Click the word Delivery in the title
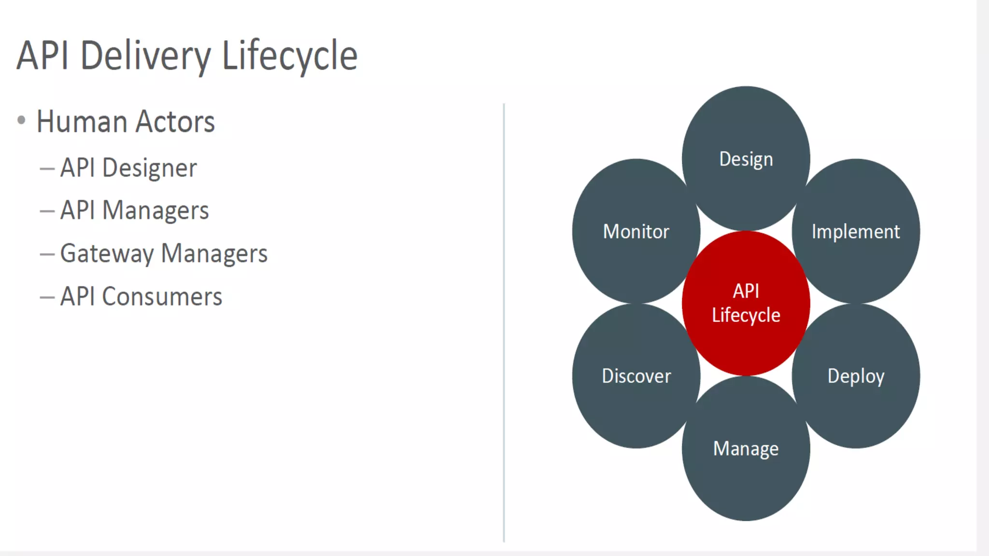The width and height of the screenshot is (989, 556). (x=145, y=56)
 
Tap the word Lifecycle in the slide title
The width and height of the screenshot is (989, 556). (x=289, y=56)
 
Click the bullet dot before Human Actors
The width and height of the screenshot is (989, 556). (x=21, y=120)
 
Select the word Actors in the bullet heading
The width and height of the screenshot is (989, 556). (x=175, y=122)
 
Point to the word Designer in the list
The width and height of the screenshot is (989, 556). (x=150, y=168)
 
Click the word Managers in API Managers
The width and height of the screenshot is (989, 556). (x=155, y=211)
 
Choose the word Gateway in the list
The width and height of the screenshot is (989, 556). (x=107, y=254)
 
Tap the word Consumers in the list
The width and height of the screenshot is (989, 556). (x=162, y=296)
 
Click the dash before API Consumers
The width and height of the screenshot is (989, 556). (x=47, y=297)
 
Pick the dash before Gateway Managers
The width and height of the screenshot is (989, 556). (x=47, y=254)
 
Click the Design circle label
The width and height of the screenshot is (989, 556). (x=746, y=159)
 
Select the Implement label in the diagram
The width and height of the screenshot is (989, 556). (x=856, y=232)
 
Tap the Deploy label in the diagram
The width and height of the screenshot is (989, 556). (x=856, y=376)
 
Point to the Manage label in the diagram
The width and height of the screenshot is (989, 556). (x=746, y=449)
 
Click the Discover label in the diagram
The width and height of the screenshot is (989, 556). (x=636, y=376)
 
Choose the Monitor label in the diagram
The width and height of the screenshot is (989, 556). (x=636, y=232)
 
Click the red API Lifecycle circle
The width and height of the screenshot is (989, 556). (x=746, y=303)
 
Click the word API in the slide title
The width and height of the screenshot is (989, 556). (x=42, y=56)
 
